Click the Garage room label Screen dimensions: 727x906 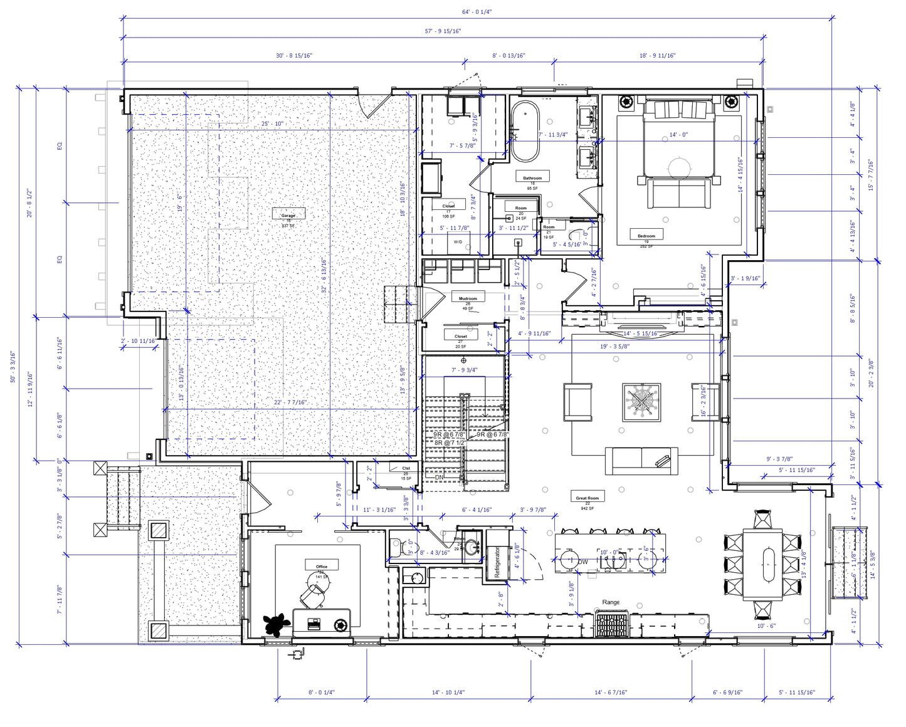click(288, 215)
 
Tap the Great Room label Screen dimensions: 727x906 click(587, 498)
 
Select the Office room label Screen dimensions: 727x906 click(322, 566)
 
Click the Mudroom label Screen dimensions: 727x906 click(468, 298)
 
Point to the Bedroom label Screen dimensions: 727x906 click(646, 236)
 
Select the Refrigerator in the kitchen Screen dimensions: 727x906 click(497, 563)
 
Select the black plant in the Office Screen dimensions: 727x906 click(275, 625)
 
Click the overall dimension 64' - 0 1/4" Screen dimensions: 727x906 click(477, 11)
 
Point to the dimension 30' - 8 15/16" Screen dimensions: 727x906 click(294, 55)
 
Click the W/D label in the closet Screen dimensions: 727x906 click(458, 242)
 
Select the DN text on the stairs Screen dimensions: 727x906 click(439, 477)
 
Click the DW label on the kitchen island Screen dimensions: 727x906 click(583, 562)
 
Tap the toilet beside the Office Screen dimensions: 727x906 click(396, 547)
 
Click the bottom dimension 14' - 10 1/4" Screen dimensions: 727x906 click(448, 693)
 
